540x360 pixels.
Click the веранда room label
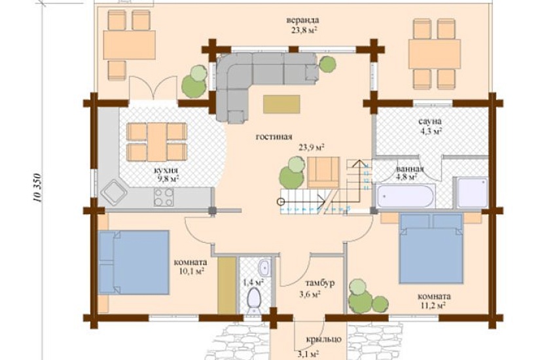302,20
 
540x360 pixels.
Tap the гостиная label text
274,137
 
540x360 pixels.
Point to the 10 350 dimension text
37,187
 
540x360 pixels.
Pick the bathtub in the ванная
405,196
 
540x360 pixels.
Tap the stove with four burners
164,197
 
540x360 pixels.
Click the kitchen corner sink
114,192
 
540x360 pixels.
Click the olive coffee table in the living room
281,104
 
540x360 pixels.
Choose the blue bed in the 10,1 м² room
134,262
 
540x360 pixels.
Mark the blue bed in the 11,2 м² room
431,248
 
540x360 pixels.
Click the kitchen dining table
157,142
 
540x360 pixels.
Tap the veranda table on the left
129,45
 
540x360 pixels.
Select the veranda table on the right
435,54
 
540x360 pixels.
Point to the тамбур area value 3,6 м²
310,295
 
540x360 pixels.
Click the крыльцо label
324,339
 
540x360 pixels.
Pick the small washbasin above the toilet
264,267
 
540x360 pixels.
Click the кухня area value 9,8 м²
168,179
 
